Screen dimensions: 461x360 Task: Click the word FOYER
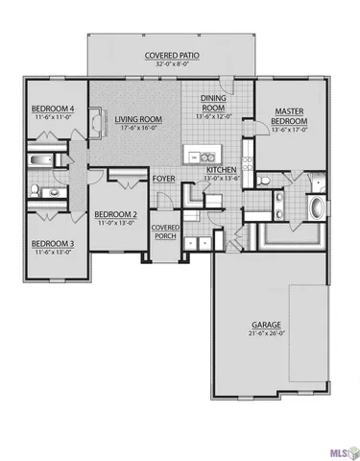164,179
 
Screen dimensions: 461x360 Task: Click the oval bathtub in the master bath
317,207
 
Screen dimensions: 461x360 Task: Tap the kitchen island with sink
202,154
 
